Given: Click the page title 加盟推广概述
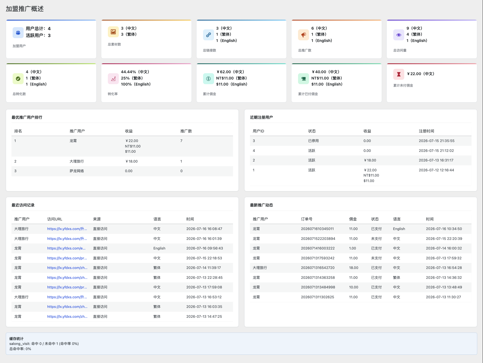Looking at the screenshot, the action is point(25,9).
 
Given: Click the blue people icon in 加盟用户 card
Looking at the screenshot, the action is point(18,33).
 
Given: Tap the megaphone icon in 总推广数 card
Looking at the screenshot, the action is point(304,35).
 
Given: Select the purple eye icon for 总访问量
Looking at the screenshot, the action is point(399,35).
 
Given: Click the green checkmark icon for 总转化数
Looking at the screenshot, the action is point(18,79).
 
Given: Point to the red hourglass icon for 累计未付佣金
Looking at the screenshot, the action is point(399,74).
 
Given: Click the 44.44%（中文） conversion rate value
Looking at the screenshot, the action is point(135,72).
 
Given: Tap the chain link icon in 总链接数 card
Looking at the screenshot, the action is point(209,35).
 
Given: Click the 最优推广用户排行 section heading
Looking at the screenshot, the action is point(27,117).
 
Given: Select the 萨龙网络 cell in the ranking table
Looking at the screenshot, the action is point(77,171).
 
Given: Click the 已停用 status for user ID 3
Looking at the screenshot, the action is point(313,141).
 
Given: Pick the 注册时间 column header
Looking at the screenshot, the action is point(426,131).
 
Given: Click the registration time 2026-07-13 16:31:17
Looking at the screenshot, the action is point(436,160).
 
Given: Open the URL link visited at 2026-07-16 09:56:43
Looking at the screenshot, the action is point(66,248).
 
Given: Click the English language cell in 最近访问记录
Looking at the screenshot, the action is point(159,248).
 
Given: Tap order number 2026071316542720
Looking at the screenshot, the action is point(318,268).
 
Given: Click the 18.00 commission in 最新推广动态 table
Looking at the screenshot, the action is point(354,268).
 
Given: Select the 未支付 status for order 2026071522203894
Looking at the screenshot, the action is point(377,239).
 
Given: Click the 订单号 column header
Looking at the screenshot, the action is point(307,219).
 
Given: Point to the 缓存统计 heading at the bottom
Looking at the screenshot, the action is point(16,339).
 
